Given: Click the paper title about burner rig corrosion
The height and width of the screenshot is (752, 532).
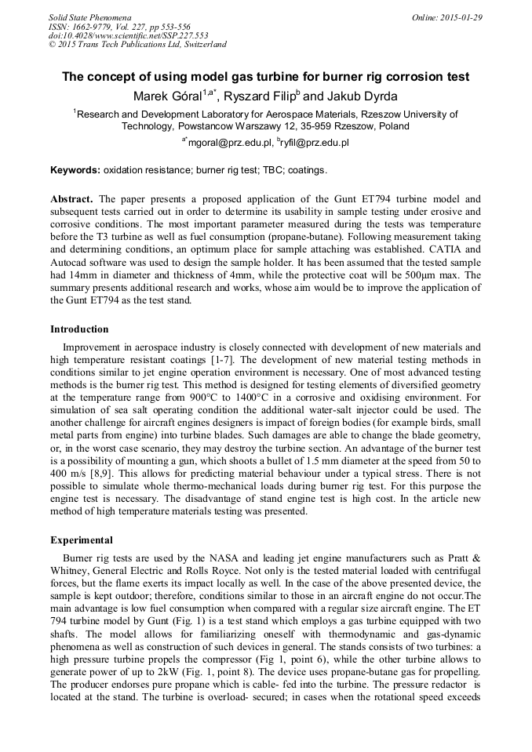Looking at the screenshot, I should [x=266, y=77].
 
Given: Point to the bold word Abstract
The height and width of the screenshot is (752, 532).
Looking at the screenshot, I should [x=71, y=199].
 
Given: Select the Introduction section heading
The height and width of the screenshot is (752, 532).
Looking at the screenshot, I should [x=79, y=329].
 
